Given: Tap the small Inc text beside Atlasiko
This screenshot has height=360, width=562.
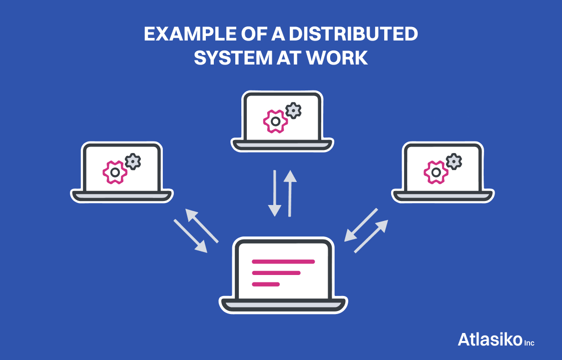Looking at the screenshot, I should click(529, 343).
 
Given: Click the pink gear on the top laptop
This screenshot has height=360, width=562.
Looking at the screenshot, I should click(275, 121).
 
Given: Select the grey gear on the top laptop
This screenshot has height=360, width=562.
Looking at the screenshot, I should click(293, 110).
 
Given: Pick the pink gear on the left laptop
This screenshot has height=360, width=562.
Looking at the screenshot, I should click(115, 172).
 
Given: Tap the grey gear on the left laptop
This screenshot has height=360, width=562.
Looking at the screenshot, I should click(133, 161).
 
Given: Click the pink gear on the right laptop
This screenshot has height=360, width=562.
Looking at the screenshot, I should click(436, 172).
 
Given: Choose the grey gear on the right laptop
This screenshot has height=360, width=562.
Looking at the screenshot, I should click(454, 161).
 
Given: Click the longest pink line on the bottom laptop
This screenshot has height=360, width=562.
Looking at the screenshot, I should click(283, 261).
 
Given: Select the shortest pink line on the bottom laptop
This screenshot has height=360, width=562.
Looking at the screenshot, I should click(266, 284).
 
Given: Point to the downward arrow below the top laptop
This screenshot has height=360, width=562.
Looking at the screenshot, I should click(274, 193).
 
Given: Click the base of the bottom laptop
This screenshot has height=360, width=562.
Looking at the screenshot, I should click(283, 304).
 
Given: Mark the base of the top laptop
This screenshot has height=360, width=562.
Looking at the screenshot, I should click(282, 145).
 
